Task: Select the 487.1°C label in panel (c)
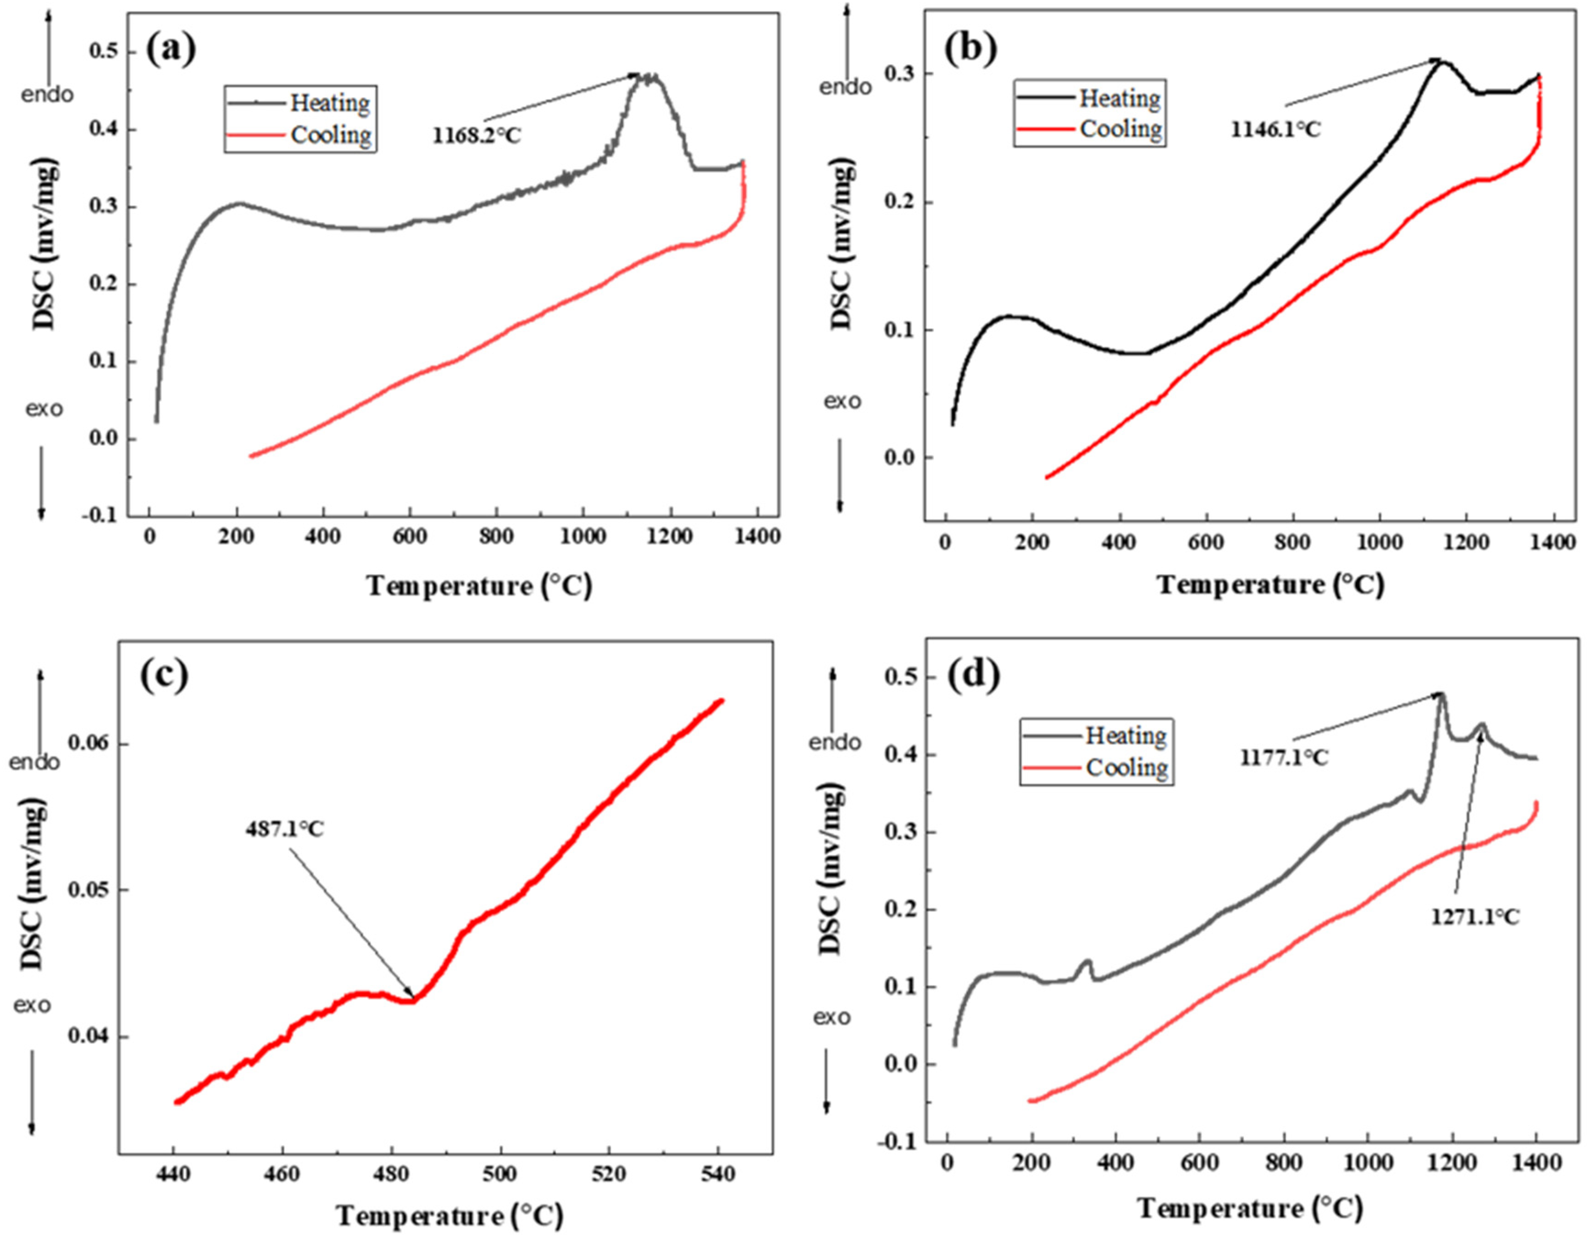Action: click(284, 830)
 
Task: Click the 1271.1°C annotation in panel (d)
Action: click(1474, 918)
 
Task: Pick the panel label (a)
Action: click(171, 50)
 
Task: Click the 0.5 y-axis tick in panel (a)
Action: click(104, 53)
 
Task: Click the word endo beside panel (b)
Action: click(846, 88)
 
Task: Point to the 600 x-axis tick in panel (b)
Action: click(1206, 543)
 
